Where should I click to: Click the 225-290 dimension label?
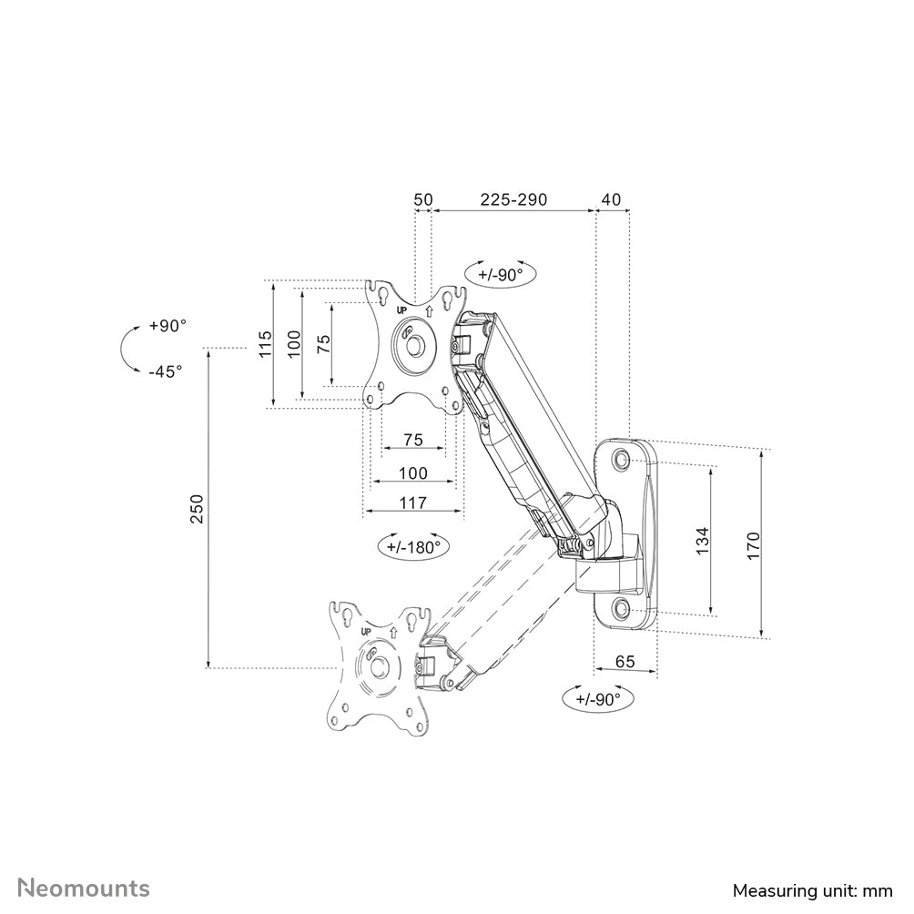coord(513,199)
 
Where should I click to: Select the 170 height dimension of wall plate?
coord(753,544)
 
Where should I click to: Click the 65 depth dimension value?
coord(625,662)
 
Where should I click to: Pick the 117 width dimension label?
coord(413,501)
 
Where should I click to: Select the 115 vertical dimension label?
coord(264,345)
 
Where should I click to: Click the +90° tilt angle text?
coord(168,326)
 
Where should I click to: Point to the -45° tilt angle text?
coord(165,371)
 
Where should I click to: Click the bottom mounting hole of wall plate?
coord(622,608)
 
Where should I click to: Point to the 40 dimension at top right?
coord(611,199)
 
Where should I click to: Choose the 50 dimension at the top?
coord(422,199)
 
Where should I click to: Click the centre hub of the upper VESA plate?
coord(414,345)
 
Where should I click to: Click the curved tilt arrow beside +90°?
coord(125,349)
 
